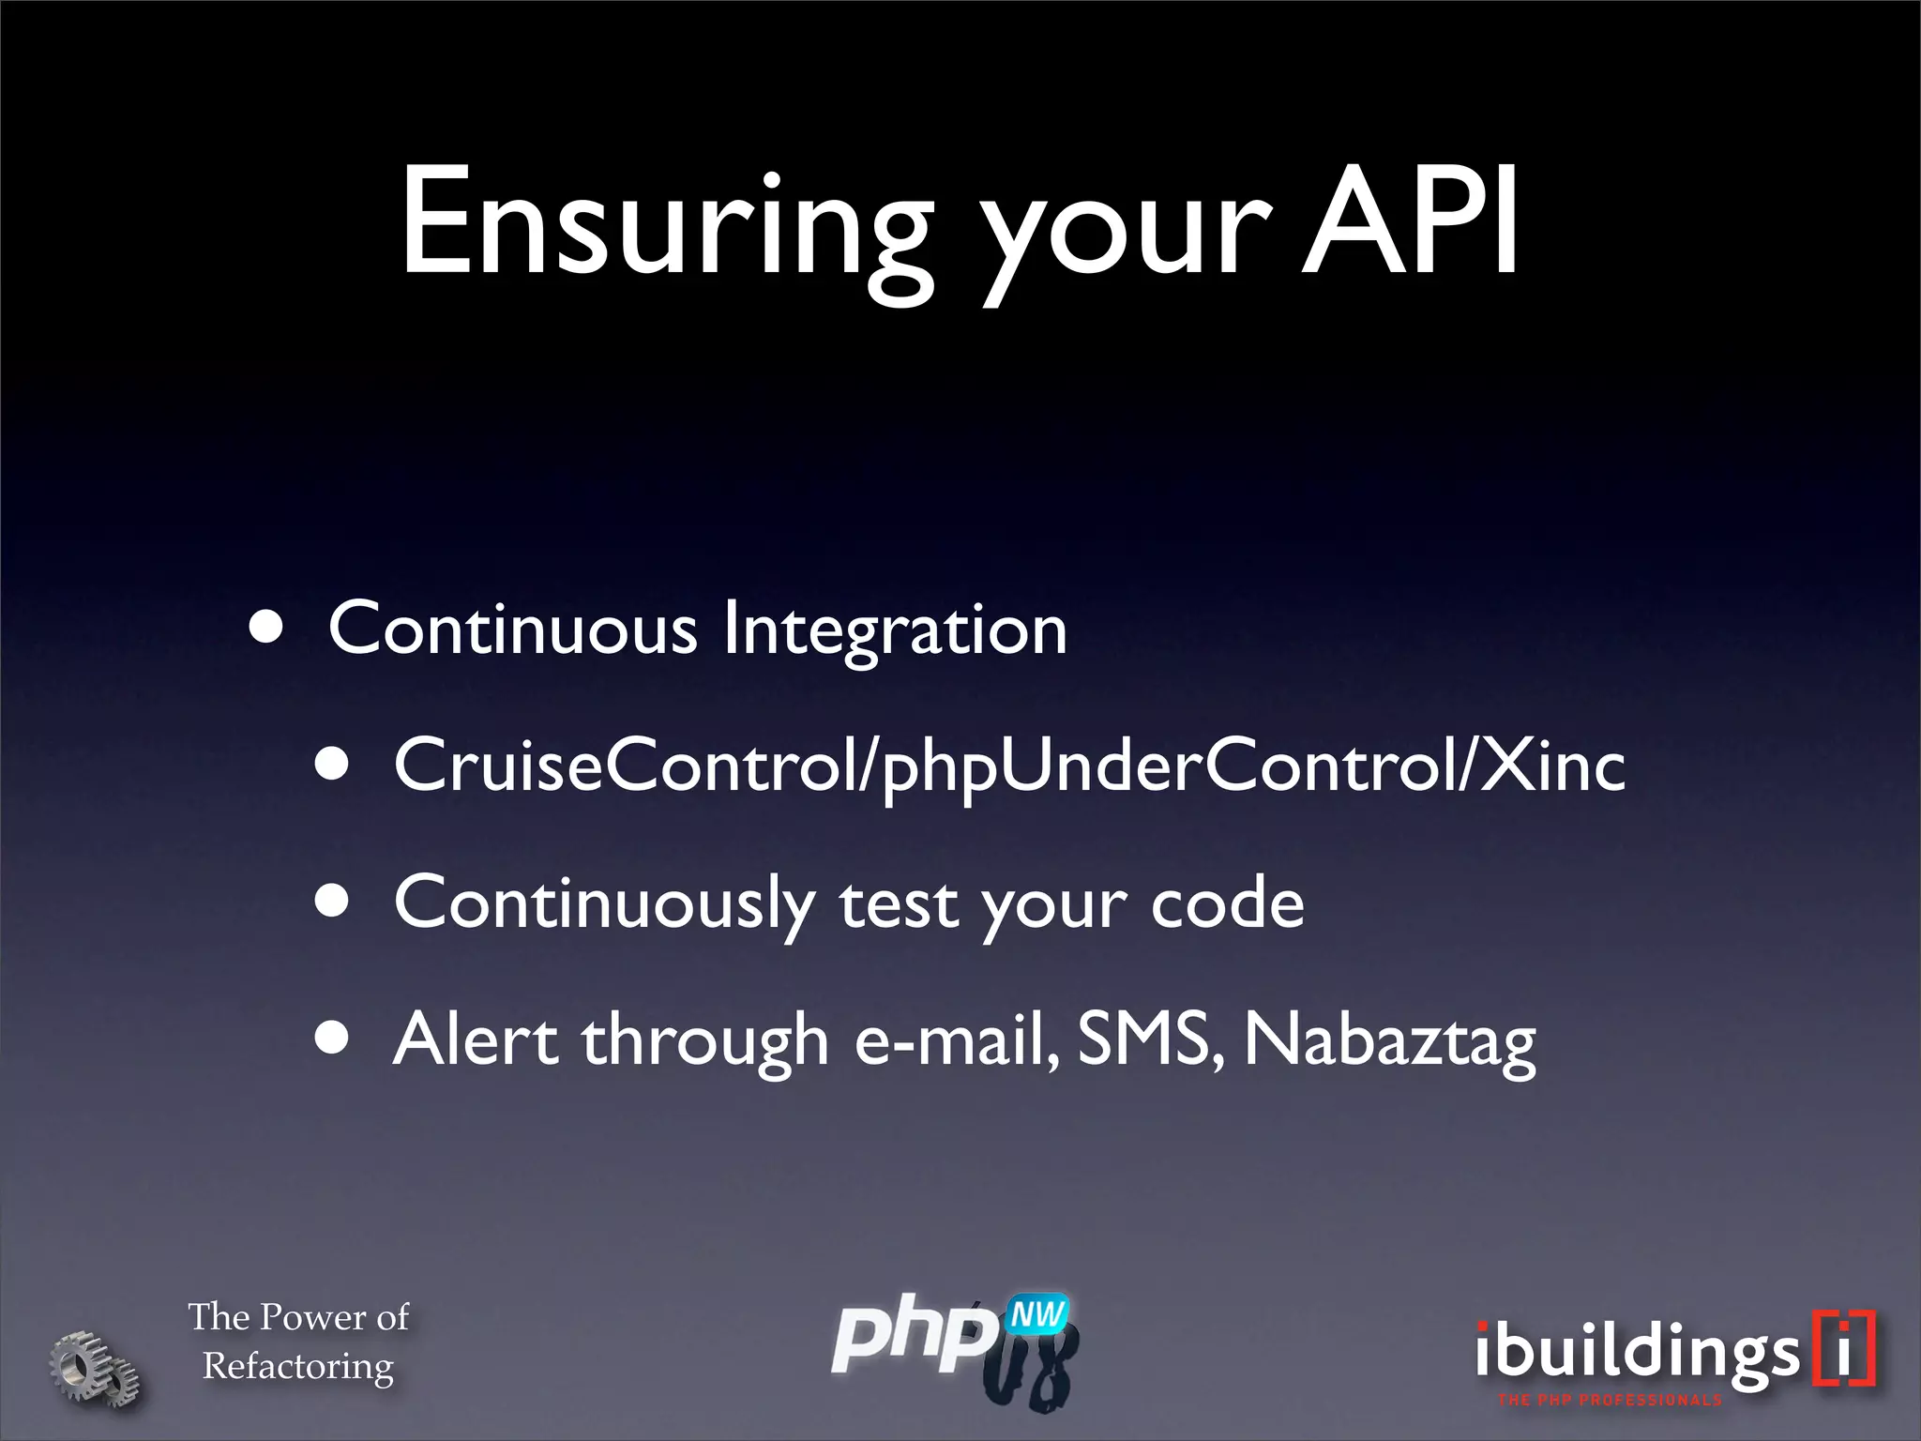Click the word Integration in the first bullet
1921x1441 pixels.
click(x=895, y=630)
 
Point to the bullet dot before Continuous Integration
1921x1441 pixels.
click(x=266, y=627)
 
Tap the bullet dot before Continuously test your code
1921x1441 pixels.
click(x=332, y=902)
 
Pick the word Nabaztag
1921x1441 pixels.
click(x=1389, y=1041)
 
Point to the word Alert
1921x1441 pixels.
click(x=476, y=1039)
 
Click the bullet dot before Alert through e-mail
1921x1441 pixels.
click(x=332, y=1039)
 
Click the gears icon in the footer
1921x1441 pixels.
click(x=94, y=1368)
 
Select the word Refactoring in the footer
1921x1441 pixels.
click(x=298, y=1366)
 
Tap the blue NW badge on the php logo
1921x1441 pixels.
click(x=1037, y=1315)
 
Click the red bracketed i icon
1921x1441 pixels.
click(x=1844, y=1348)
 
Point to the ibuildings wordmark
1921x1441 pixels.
click(x=1637, y=1353)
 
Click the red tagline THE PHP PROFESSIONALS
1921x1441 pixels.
click(x=1610, y=1401)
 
